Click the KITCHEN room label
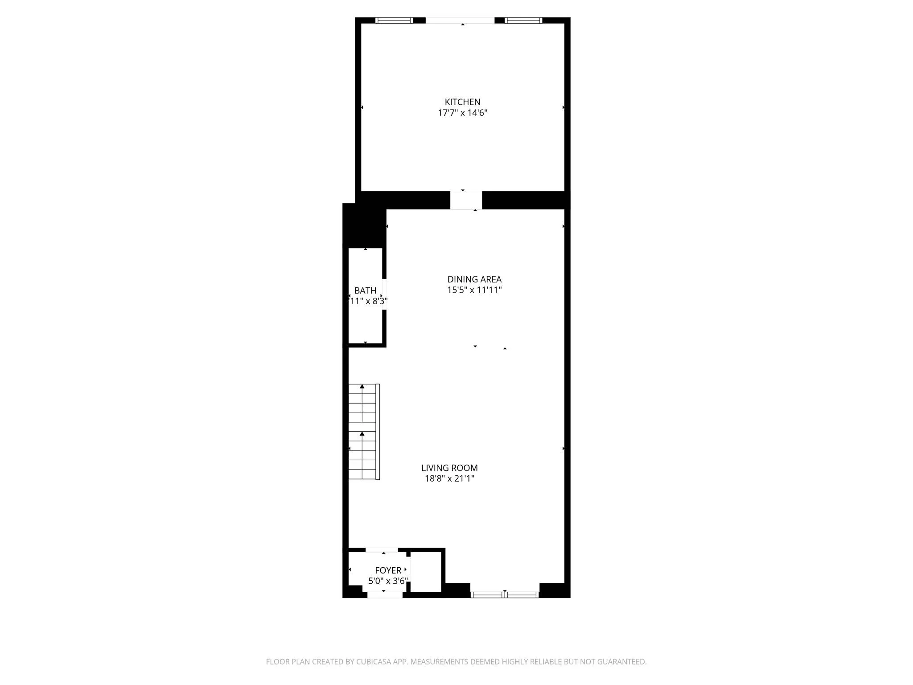pos(462,102)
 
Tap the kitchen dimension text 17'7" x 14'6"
pos(462,113)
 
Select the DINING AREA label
pos(474,280)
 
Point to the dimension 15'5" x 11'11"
pos(474,290)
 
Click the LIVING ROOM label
pos(449,468)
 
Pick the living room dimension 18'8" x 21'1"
pos(449,479)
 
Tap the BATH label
pos(365,291)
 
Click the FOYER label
pos(388,570)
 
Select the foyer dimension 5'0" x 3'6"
pos(388,581)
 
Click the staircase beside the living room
pos(363,432)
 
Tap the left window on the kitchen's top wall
pos(394,20)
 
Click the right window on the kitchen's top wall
pos(523,20)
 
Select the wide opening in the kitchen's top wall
pos(460,20)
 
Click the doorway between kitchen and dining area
pos(466,200)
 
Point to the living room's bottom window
pos(505,594)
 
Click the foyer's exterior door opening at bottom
pos(384,595)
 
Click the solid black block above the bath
pos(364,226)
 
